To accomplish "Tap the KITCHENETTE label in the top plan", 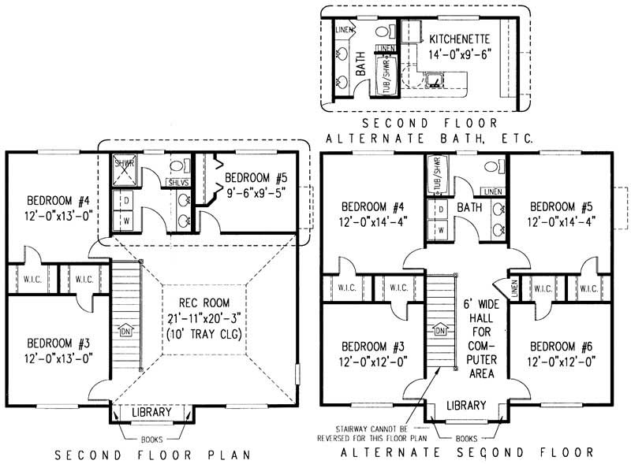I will pos(461,38).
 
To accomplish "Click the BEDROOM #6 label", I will pos(561,346).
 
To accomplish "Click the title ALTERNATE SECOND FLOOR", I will pos(466,453).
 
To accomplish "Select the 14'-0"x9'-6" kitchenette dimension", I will pos(461,54).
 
